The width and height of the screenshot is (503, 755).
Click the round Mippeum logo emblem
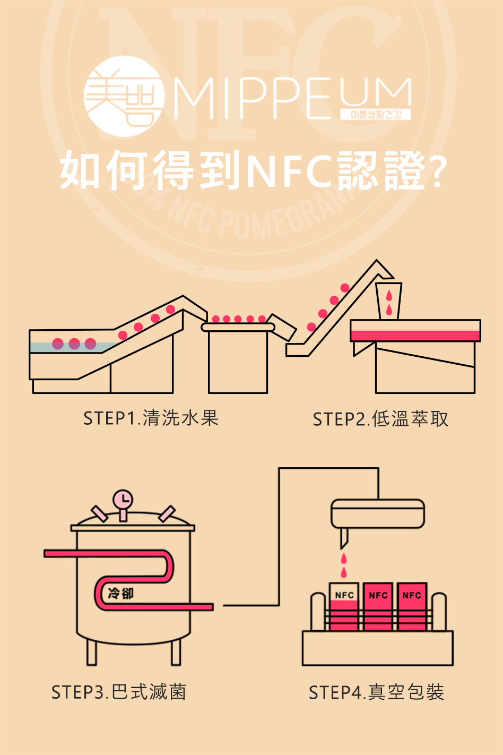click(x=124, y=97)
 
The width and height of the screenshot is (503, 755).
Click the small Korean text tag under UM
click(x=375, y=114)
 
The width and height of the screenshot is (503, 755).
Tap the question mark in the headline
click(x=436, y=171)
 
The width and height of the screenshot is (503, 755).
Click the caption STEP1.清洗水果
click(x=151, y=418)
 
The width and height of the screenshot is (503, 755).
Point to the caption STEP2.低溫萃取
click(x=380, y=419)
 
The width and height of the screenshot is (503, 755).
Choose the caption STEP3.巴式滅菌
click(x=119, y=692)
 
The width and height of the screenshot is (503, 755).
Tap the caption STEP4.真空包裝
click(x=376, y=692)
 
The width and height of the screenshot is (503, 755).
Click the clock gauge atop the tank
click(x=123, y=500)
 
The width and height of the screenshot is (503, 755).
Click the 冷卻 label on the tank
click(x=120, y=593)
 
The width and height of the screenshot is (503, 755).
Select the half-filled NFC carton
click(x=344, y=607)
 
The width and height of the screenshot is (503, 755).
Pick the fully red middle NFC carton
click(x=378, y=607)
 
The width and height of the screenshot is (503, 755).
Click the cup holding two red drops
click(x=389, y=301)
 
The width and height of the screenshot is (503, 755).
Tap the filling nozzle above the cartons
click(x=344, y=537)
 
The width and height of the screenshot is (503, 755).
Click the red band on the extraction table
click(x=415, y=336)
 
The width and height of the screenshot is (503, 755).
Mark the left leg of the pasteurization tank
click(x=92, y=652)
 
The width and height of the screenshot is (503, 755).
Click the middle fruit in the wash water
click(x=74, y=344)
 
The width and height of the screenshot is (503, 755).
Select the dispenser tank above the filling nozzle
click(x=378, y=513)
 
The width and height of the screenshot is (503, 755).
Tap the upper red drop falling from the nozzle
click(x=344, y=558)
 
